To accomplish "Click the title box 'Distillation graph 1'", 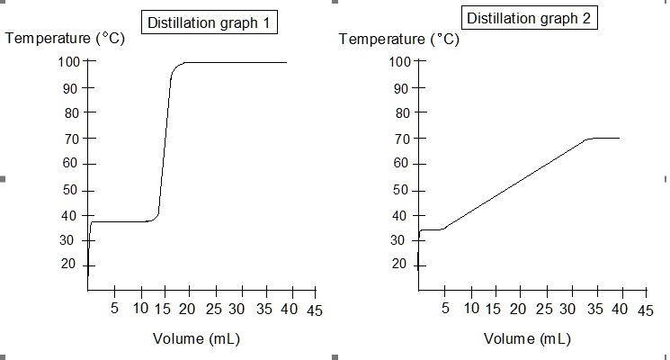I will click(x=209, y=23).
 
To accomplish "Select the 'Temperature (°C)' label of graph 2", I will click(x=399, y=40).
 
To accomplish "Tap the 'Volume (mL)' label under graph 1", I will click(x=195, y=339).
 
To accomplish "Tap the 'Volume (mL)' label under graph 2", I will click(x=527, y=339).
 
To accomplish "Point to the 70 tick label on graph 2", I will click(x=400, y=139).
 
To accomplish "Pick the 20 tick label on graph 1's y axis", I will click(x=70, y=264).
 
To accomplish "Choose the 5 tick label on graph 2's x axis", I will click(x=445, y=310).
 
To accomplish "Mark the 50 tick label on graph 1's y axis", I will click(x=70, y=190).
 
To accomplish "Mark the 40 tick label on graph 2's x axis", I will click(x=620, y=310).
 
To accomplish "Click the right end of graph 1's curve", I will click(x=287, y=63).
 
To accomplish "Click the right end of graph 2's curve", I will click(x=619, y=138).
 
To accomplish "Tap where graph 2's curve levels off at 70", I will click(x=589, y=139).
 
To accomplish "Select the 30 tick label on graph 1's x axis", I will click(x=237, y=310).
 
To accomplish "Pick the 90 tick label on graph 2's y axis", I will click(x=400, y=88).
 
